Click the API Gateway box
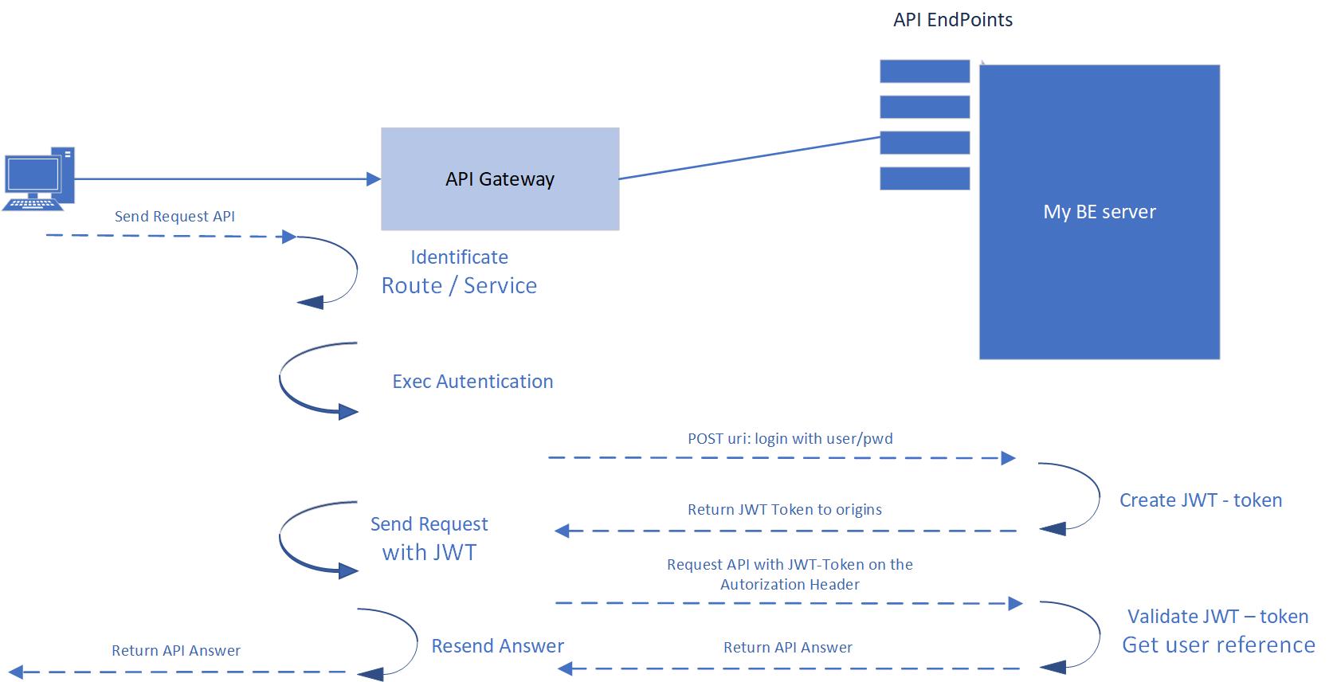point(500,179)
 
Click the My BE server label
point(1099,212)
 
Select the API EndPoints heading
point(952,20)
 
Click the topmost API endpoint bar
point(924,71)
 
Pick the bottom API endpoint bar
point(924,178)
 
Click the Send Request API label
point(174,217)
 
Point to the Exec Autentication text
point(472,382)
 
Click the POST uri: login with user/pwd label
point(790,439)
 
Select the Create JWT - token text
point(1200,500)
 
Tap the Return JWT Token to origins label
point(784,510)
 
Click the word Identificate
point(459,257)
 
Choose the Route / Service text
point(459,286)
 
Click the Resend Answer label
point(497,646)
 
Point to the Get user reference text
point(1218,645)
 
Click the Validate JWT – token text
point(1217,617)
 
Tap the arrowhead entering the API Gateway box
point(373,179)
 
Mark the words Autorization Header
point(790,585)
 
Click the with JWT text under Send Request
point(429,553)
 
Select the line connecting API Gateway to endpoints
point(749,158)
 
